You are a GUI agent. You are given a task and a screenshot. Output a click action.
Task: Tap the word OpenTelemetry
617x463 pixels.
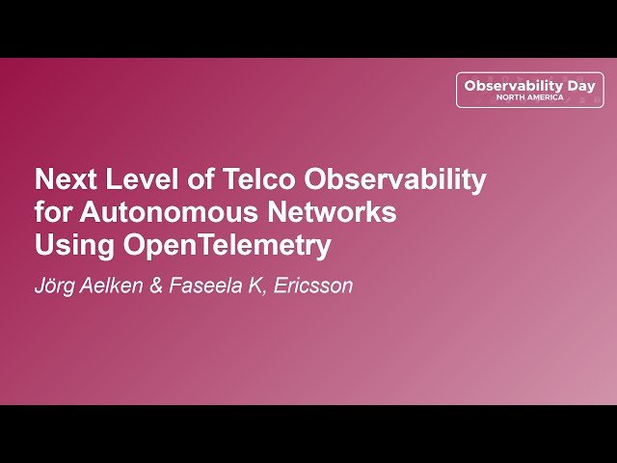227,246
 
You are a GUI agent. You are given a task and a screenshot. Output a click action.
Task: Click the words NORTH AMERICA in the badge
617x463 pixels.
530,97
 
